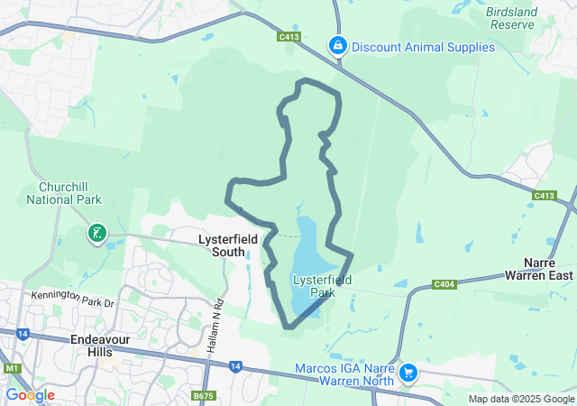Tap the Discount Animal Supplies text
[x=423, y=47]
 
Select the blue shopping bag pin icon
[x=338, y=44]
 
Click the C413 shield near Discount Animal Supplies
[x=289, y=37]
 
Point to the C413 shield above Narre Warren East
[x=545, y=195]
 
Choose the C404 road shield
[x=443, y=284]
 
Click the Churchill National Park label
[x=69, y=194]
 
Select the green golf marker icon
[x=96, y=235]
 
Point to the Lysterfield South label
[x=228, y=245]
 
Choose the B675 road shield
[x=204, y=395]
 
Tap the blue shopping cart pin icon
[x=408, y=372]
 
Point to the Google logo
[x=30, y=395]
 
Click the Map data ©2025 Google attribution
[x=521, y=399]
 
